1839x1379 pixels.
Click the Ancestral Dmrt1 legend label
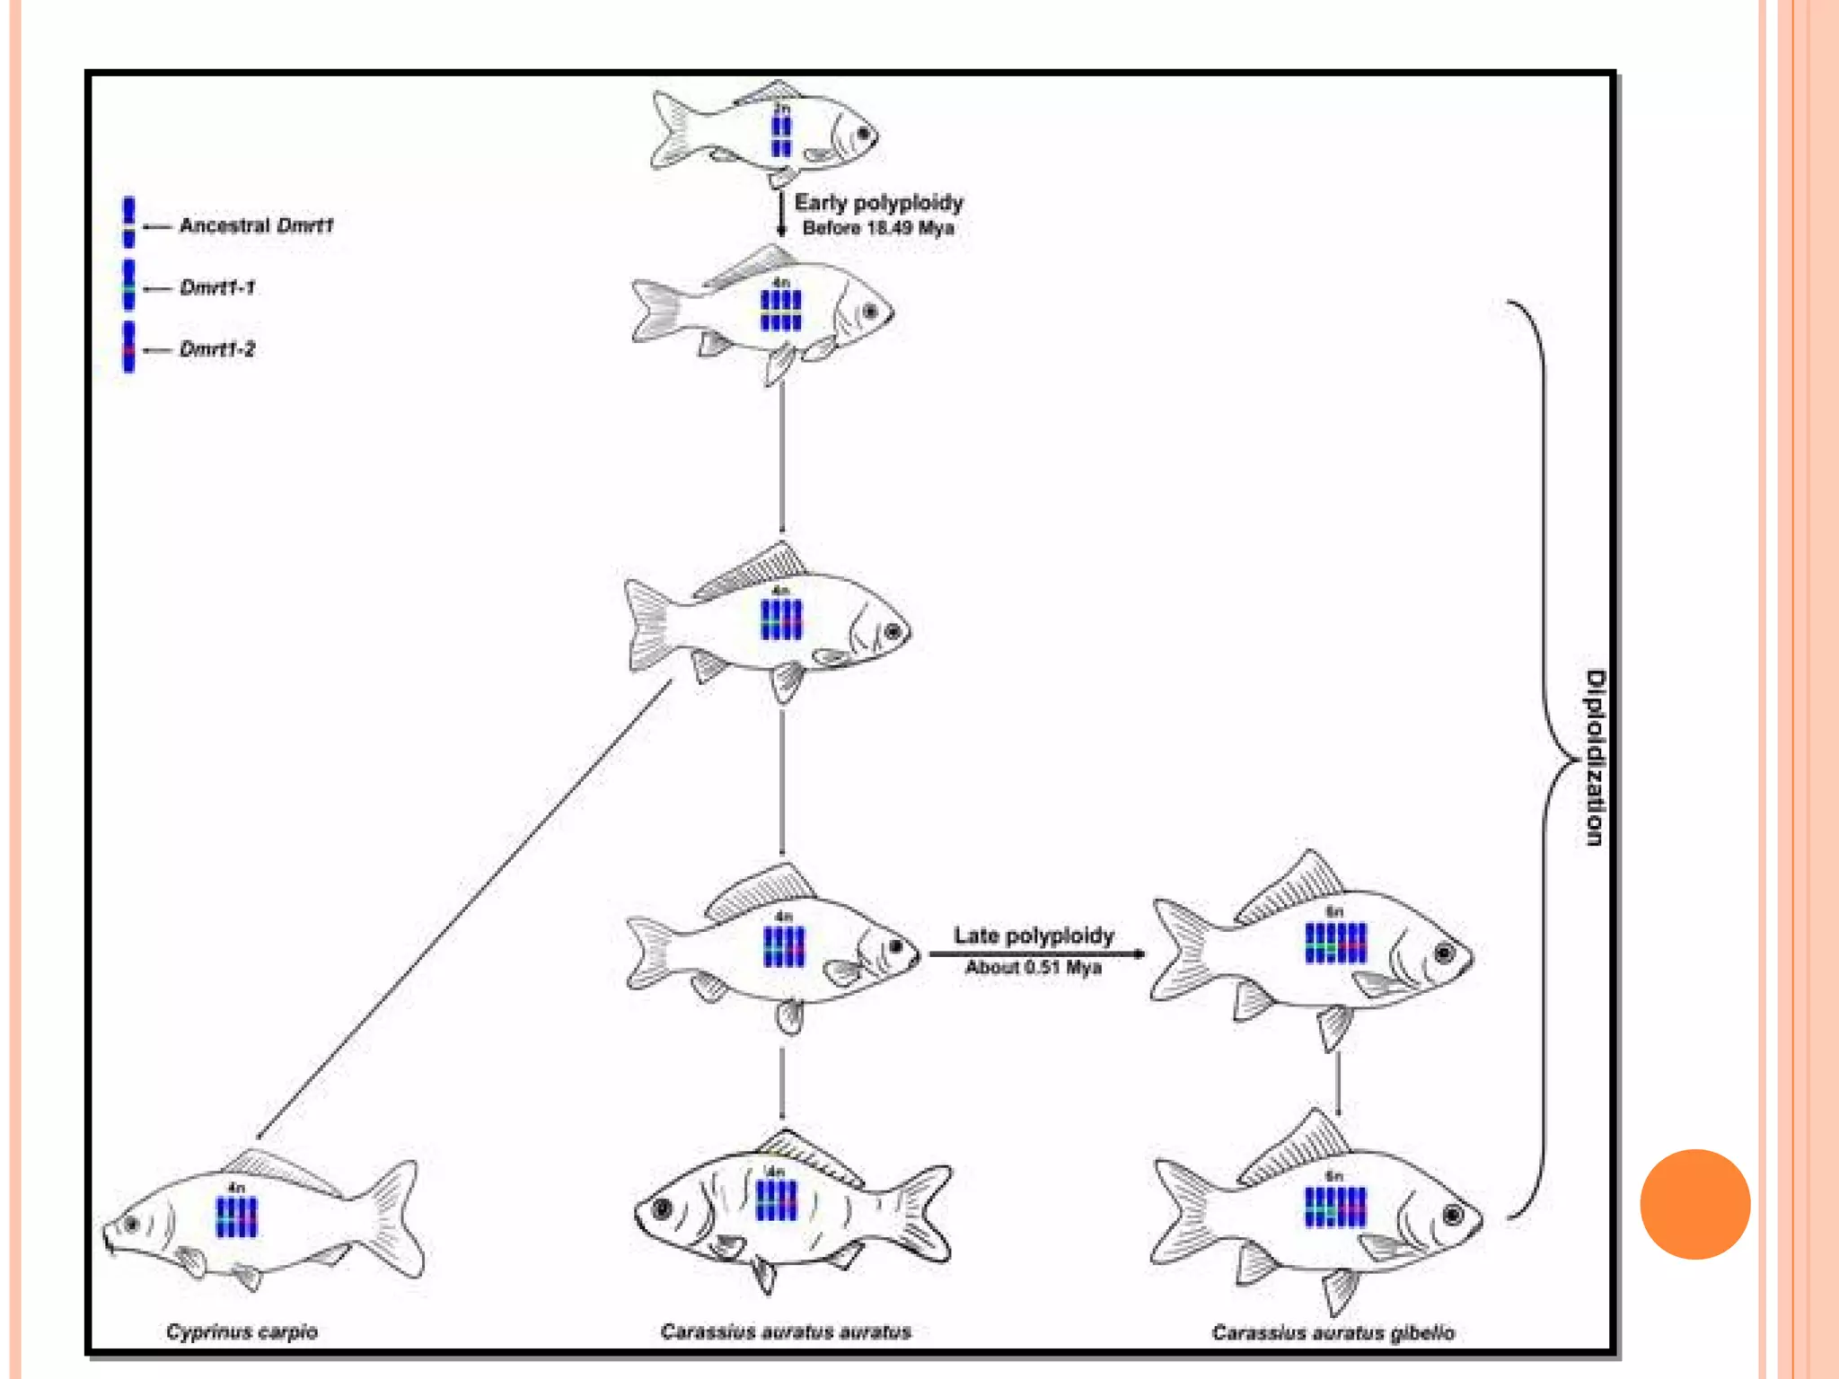(x=256, y=225)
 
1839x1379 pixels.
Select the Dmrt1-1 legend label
(x=217, y=287)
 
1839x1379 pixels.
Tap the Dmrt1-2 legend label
(x=217, y=349)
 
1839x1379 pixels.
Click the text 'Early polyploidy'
(x=878, y=203)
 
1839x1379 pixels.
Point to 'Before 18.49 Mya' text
(x=878, y=228)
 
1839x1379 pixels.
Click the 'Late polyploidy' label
(x=1034, y=935)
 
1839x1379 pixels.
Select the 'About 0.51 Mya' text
(x=1034, y=967)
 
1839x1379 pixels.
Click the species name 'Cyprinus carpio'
(x=242, y=1331)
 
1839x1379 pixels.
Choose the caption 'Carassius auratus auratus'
(x=786, y=1331)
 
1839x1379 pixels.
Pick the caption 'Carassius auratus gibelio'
(x=1333, y=1332)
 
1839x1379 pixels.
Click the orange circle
(x=1694, y=1204)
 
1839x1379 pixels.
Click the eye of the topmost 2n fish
(x=864, y=134)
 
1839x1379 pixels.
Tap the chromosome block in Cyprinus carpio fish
(x=237, y=1217)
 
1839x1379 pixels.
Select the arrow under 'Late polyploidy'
(x=1037, y=953)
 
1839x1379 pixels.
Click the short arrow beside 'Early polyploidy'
(x=781, y=213)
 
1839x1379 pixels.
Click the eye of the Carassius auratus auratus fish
(x=663, y=1208)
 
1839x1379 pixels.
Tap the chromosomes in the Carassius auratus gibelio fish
(x=1335, y=1206)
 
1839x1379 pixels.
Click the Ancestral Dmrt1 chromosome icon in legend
(x=129, y=222)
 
